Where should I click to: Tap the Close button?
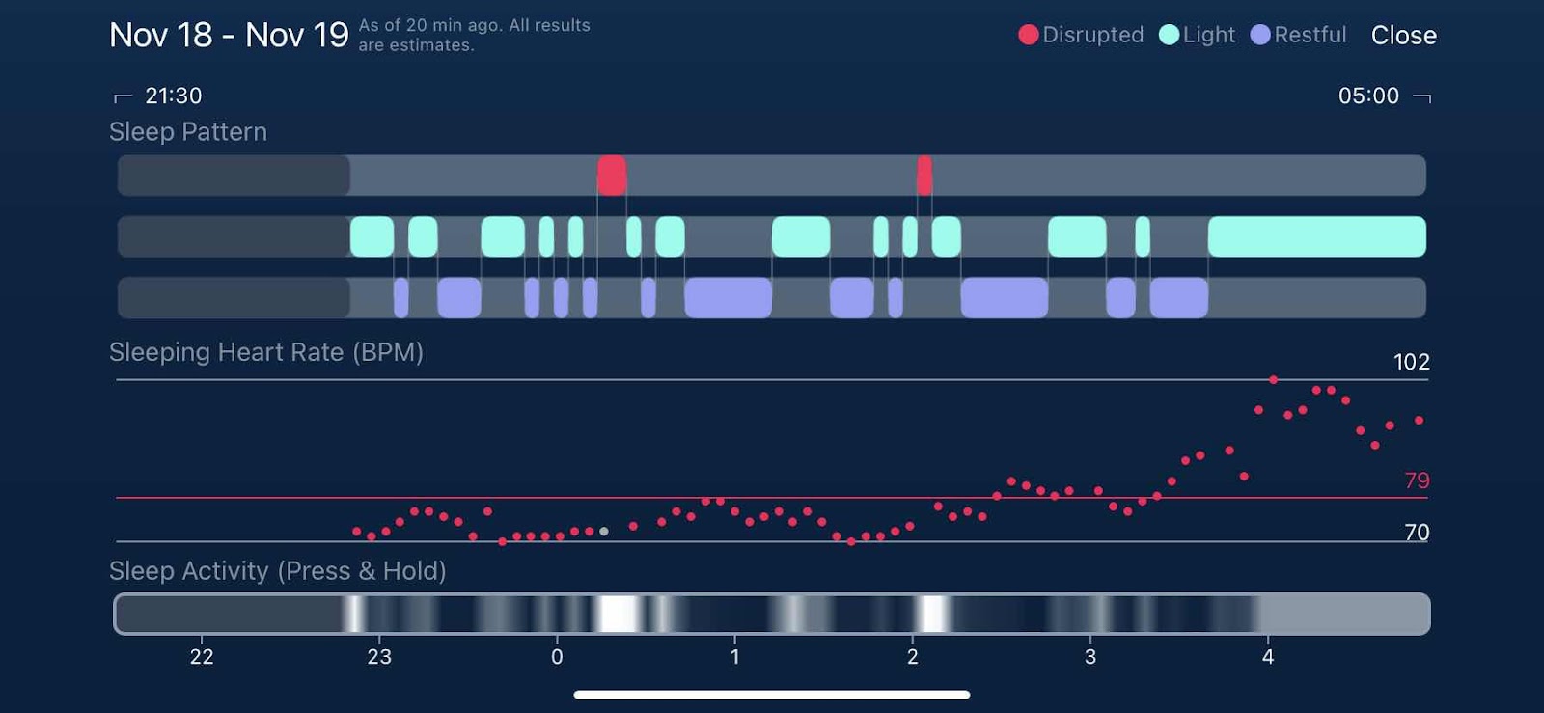(1403, 36)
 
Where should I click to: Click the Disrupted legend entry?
(1081, 35)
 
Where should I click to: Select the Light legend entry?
(1197, 35)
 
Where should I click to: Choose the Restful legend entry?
(1298, 35)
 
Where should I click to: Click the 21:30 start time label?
(173, 96)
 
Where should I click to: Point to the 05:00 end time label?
(1368, 96)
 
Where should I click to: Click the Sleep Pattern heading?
(188, 132)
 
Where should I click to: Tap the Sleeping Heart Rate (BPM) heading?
(266, 352)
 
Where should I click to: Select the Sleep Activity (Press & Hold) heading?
(278, 571)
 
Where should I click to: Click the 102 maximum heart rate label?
(1411, 362)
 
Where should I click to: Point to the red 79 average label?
(1417, 480)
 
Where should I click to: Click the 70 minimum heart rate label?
(1417, 533)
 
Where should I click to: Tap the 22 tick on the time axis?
(202, 657)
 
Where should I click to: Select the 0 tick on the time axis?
(557, 657)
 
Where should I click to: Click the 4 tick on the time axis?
(1268, 657)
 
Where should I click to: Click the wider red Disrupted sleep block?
(612, 176)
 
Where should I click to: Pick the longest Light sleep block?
(1316, 236)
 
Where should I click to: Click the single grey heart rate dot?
(604, 531)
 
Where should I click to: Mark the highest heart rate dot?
(1274, 380)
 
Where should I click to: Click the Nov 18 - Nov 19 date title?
(229, 36)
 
